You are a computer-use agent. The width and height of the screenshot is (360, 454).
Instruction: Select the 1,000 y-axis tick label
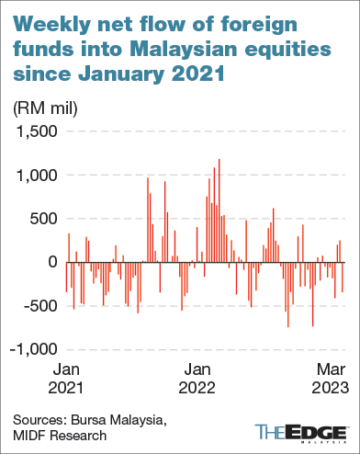[37, 175]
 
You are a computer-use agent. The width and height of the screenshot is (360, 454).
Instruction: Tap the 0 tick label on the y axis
[51, 263]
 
